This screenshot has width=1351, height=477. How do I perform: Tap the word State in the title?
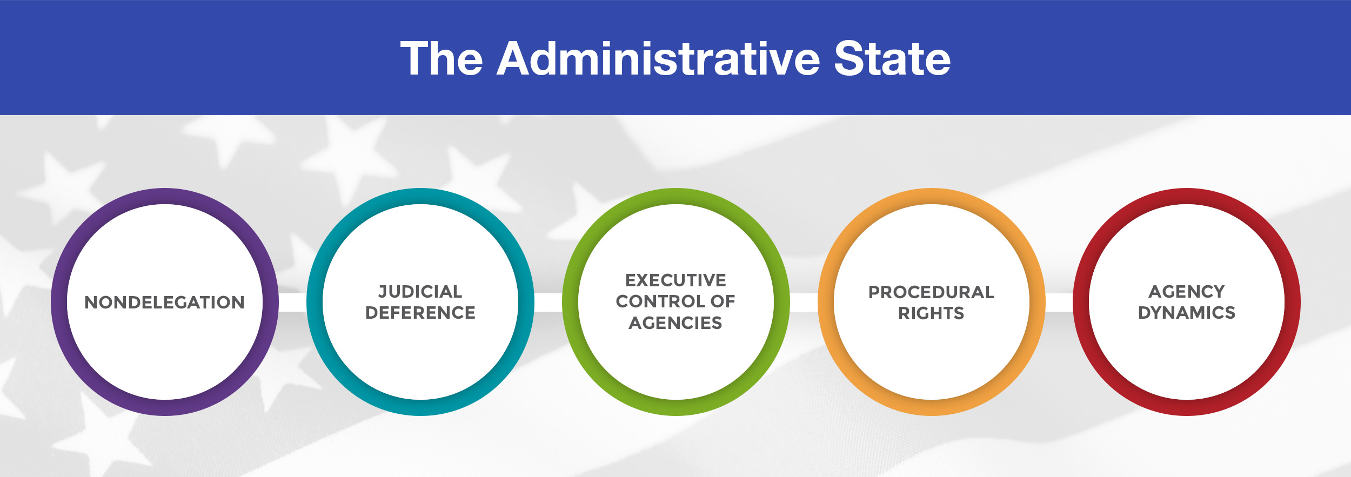[x=892, y=59]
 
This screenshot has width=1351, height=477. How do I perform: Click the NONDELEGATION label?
[x=164, y=303]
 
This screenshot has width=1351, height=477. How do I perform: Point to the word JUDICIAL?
[x=420, y=292]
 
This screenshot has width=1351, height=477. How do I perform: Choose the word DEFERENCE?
[x=420, y=313]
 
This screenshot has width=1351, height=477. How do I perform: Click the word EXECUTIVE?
[x=675, y=280]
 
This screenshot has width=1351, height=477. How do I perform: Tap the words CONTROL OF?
[x=675, y=301]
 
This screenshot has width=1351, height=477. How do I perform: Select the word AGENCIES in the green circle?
[x=675, y=323]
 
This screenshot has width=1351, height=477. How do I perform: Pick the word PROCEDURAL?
[x=931, y=292]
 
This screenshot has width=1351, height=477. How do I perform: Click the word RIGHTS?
[x=931, y=313]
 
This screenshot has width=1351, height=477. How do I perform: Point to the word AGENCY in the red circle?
[x=1187, y=292]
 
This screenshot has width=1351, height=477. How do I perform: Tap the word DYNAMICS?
[x=1187, y=313]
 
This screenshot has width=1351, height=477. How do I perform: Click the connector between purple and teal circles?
[x=292, y=303]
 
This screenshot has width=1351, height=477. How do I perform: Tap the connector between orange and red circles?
[x=1059, y=303]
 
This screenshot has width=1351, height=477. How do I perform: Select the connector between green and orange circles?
[x=804, y=303]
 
